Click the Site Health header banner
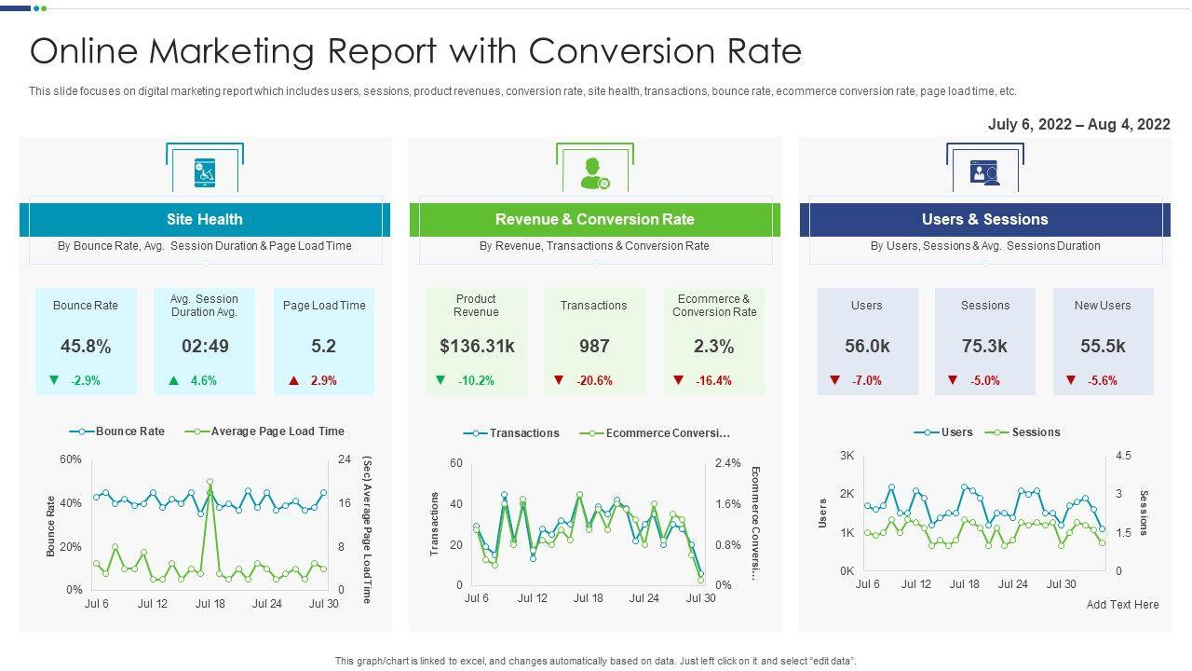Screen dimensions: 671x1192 (x=205, y=220)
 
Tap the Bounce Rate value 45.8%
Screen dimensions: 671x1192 (x=86, y=347)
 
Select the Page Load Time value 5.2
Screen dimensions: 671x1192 (x=323, y=347)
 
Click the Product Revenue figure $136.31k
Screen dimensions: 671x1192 (x=477, y=347)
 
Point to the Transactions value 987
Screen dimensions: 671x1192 (x=594, y=347)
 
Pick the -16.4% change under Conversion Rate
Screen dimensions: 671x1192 (x=713, y=380)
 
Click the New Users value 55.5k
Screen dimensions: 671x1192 (x=1103, y=347)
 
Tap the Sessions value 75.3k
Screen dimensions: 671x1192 (x=984, y=347)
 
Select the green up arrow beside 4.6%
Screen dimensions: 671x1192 (x=174, y=380)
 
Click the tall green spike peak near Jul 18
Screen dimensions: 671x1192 (x=210, y=483)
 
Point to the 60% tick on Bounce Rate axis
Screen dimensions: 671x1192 (x=71, y=459)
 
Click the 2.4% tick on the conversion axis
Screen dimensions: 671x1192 (x=728, y=463)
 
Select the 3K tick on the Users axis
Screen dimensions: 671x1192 (x=847, y=456)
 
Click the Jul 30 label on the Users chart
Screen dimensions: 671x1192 (x=1061, y=584)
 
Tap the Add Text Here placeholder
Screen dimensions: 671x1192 (x=1122, y=605)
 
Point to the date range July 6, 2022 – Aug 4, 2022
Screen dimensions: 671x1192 (x=1078, y=125)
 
